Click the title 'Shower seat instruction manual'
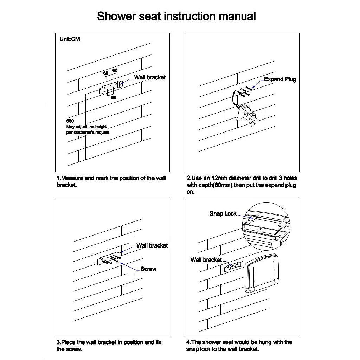point(176,16)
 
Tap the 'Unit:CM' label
point(70,39)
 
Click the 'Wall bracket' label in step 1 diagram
point(149,77)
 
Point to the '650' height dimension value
point(70,121)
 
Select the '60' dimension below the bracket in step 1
point(114,98)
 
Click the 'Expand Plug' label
point(280,79)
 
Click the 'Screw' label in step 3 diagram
point(148,269)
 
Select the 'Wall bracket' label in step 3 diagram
point(152,245)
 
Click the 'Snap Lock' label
point(223,213)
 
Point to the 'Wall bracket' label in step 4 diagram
point(206,260)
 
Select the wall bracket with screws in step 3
point(109,260)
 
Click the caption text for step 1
point(111,181)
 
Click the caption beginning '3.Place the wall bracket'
point(109,346)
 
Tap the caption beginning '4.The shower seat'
point(239,346)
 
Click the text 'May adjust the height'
point(86,127)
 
